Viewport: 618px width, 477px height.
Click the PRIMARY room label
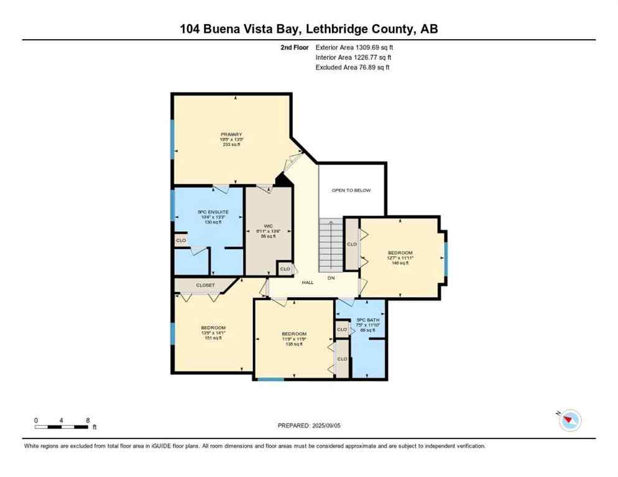click(231, 135)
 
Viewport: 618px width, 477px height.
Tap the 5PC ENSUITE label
click(213, 212)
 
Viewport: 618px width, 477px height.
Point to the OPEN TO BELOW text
click(351, 190)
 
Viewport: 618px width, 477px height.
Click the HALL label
click(308, 282)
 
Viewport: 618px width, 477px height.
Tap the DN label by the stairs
click(331, 278)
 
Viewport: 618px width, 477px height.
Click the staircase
click(331, 246)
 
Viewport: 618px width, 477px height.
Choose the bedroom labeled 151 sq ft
click(213, 332)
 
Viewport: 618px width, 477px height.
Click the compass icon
click(570, 420)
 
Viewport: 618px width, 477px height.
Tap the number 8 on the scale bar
click(88, 420)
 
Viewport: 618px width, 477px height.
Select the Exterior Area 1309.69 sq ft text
click(354, 47)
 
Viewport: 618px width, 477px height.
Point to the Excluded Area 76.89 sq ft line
click(353, 67)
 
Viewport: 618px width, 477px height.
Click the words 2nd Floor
click(294, 47)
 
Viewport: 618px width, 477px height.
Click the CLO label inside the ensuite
click(181, 240)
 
